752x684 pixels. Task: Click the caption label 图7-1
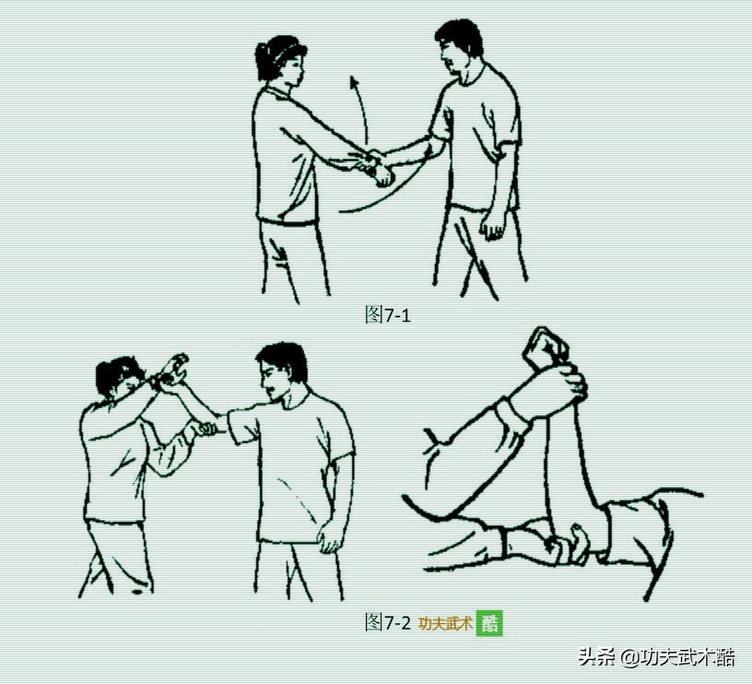(x=387, y=315)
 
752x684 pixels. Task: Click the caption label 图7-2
(x=387, y=622)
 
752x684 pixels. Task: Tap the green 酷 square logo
(x=489, y=623)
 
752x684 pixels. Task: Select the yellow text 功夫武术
(x=445, y=623)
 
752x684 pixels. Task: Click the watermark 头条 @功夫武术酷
(x=656, y=657)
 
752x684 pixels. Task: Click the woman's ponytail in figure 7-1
(x=263, y=62)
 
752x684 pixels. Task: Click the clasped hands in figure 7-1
(x=377, y=168)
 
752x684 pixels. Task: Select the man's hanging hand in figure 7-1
(x=492, y=225)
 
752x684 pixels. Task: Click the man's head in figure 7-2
(x=279, y=371)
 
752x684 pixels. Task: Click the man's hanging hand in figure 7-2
(x=331, y=535)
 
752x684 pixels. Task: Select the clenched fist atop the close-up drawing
(x=546, y=348)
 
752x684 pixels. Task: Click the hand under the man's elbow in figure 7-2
(x=206, y=429)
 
